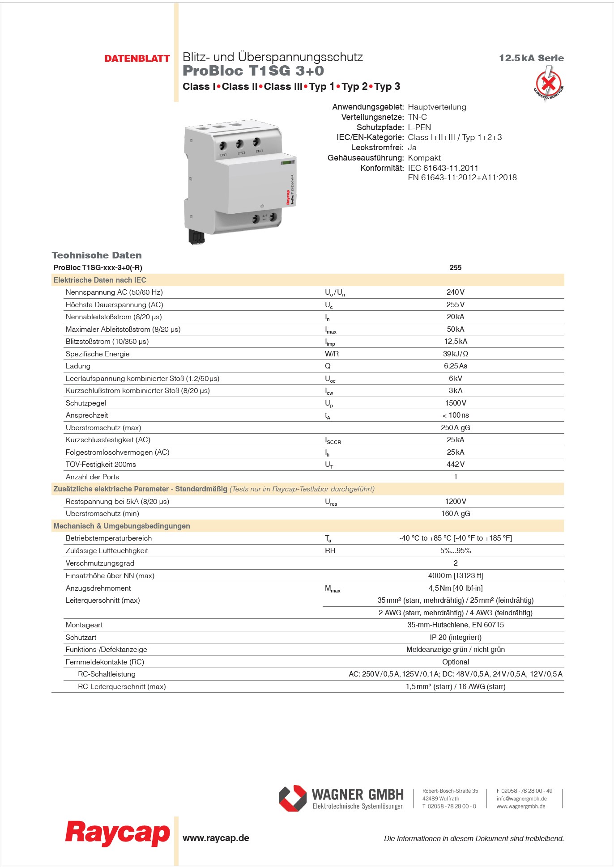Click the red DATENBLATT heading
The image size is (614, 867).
pyautogui.click(x=137, y=59)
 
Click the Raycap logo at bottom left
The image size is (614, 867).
pyautogui.click(x=118, y=833)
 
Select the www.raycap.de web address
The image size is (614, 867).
pyautogui.click(x=216, y=838)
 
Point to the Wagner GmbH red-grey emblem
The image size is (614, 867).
pyautogui.click(x=293, y=798)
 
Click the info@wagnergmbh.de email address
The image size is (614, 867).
pyautogui.click(x=521, y=799)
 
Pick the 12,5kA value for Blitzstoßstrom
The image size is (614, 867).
pyautogui.click(x=455, y=342)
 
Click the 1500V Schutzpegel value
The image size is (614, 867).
pyautogui.click(x=455, y=403)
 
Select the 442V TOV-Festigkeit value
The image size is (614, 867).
pyautogui.click(x=455, y=465)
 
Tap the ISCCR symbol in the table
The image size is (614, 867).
pyautogui.click(x=333, y=440)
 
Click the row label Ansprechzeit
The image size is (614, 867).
pyautogui.click(x=87, y=415)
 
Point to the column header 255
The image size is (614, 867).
pyautogui.click(x=455, y=267)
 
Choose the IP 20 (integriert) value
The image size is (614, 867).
pyautogui.click(x=455, y=637)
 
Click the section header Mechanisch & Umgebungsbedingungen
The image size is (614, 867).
pyautogui.click(x=122, y=526)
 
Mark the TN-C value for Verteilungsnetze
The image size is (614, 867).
pyautogui.click(x=417, y=117)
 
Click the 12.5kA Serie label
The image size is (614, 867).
pyautogui.click(x=531, y=58)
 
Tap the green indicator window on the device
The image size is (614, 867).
pyautogui.click(x=288, y=162)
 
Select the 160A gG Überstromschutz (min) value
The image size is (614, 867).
pyautogui.click(x=455, y=514)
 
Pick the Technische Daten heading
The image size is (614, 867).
pyautogui.click(x=97, y=255)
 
